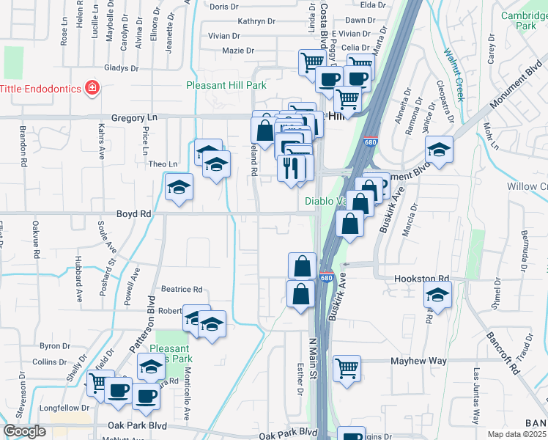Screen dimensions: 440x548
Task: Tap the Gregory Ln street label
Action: [134, 117]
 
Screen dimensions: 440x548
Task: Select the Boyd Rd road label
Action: [133, 213]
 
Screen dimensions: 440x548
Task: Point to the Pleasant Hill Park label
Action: [226, 86]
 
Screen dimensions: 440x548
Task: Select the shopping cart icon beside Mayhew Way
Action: [347, 367]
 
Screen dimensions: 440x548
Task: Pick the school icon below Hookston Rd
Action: [437, 296]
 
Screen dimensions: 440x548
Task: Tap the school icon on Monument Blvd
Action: [438, 150]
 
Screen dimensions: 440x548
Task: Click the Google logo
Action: [24, 431]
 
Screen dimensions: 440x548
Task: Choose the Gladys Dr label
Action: [122, 68]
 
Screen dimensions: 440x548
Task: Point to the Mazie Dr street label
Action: [238, 51]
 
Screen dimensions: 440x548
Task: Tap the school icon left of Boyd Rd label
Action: [178, 187]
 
